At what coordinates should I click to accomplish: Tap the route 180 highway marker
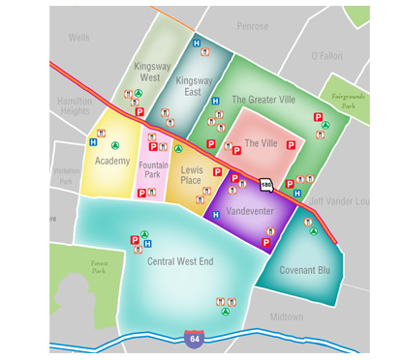[266, 184]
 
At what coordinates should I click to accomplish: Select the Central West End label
[180, 261]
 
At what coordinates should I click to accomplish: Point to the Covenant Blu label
[305, 270]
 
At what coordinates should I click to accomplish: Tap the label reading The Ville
[261, 142]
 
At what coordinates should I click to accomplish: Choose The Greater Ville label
[264, 100]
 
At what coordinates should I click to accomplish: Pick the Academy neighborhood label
[112, 161]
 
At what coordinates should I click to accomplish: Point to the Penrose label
[252, 26]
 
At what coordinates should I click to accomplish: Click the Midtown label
[287, 316]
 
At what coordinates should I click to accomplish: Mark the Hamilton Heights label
[75, 105]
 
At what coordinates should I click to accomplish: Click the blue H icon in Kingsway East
[197, 44]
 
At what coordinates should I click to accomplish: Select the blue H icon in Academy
[93, 141]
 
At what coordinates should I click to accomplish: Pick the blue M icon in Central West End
[145, 243]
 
